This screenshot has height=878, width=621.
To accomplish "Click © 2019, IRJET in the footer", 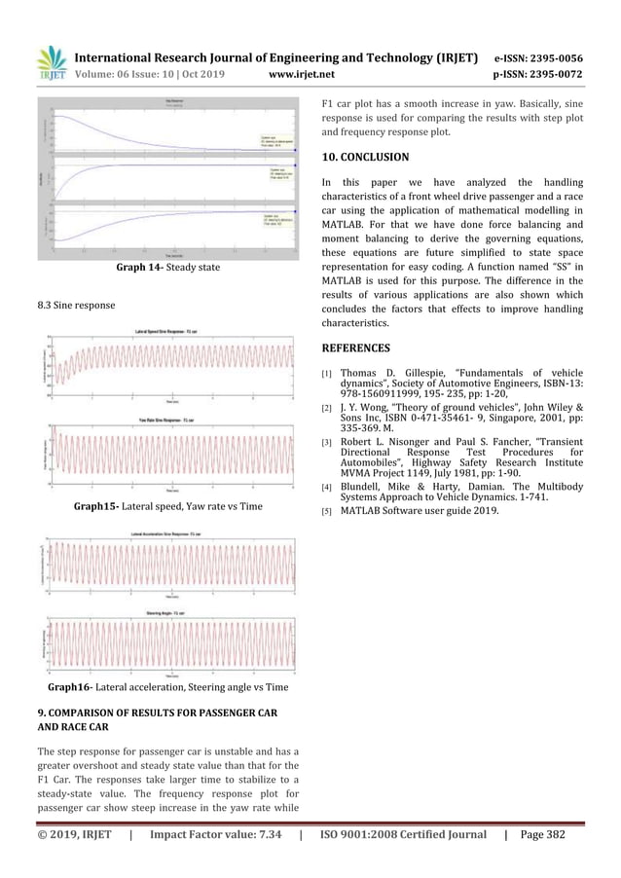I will click(74, 860).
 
